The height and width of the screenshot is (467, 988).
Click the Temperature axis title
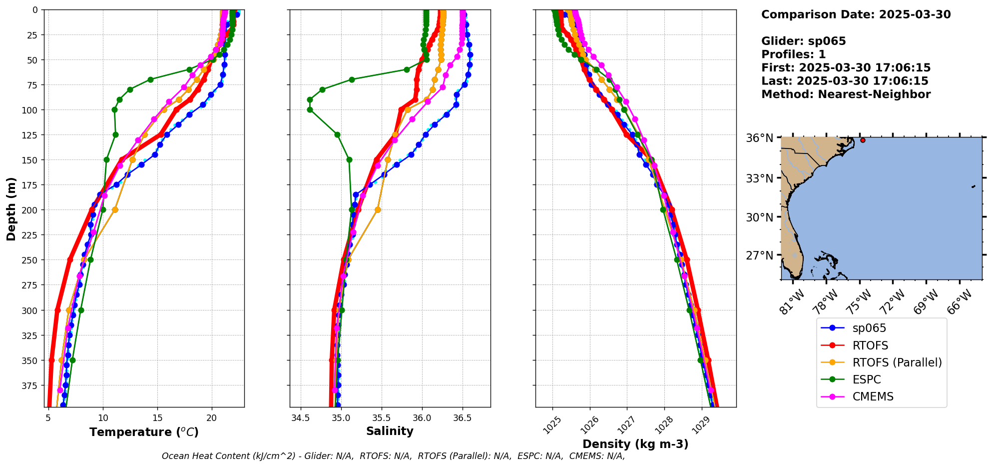[x=144, y=432]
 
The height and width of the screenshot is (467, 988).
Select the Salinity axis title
[x=390, y=431]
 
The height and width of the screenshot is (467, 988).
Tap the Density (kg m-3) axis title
[x=635, y=444]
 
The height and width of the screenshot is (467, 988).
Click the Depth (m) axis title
[x=11, y=208]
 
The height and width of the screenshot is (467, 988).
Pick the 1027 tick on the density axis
[x=626, y=425]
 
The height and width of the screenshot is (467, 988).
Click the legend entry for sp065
[x=869, y=328]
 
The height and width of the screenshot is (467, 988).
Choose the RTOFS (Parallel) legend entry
[x=897, y=362]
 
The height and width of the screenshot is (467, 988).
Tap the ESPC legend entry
[x=867, y=379]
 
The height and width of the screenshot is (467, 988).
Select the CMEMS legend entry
[x=873, y=396]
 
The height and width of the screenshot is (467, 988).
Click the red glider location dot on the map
[x=863, y=140]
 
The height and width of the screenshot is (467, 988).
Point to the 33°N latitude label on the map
[x=759, y=178]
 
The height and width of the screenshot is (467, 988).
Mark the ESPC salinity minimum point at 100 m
[x=310, y=109]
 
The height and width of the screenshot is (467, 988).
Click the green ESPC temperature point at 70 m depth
[x=150, y=79]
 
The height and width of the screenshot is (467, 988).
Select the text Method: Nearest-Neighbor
[x=846, y=94]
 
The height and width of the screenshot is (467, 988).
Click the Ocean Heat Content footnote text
[x=393, y=456]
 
